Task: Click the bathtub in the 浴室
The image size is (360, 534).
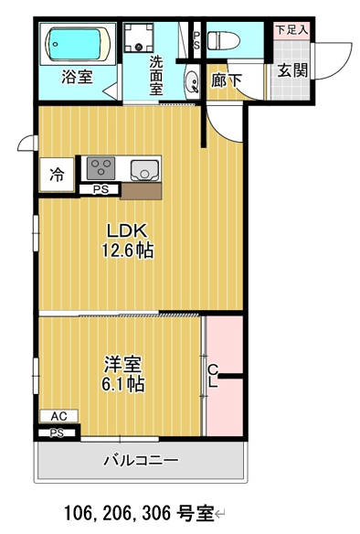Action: pyautogui.click(x=78, y=44)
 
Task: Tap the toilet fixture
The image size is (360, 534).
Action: pyautogui.click(x=224, y=40)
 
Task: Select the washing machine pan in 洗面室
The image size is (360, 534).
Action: pyautogui.click(x=138, y=37)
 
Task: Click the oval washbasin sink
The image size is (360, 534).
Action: pyautogui.click(x=193, y=81)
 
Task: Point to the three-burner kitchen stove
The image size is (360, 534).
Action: pyautogui.click(x=101, y=168)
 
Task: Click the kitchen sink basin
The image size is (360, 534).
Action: pyautogui.click(x=144, y=170)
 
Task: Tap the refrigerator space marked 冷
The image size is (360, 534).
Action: pyautogui.click(x=57, y=175)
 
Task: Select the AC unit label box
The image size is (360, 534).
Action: pyautogui.click(x=58, y=416)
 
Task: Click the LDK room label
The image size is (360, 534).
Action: pyautogui.click(x=127, y=230)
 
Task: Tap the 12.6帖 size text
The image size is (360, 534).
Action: pyautogui.click(x=128, y=251)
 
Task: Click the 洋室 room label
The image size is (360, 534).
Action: pyautogui.click(x=122, y=364)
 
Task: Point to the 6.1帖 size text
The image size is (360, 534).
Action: pyautogui.click(x=122, y=384)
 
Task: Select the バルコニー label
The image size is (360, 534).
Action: pyautogui.click(x=141, y=461)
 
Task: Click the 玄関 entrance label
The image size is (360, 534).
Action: pyautogui.click(x=293, y=70)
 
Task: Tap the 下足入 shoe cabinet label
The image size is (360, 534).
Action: pyautogui.click(x=292, y=29)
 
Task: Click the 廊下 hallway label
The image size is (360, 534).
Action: pyautogui.click(x=227, y=80)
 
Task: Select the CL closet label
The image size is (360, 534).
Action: pyautogui.click(x=213, y=376)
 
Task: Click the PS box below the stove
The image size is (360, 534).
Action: pyautogui.click(x=101, y=189)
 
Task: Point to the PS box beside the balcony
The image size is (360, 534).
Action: pyautogui.click(x=57, y=433)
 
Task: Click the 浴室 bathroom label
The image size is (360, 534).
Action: pyautogui.click(x=78, y=76)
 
